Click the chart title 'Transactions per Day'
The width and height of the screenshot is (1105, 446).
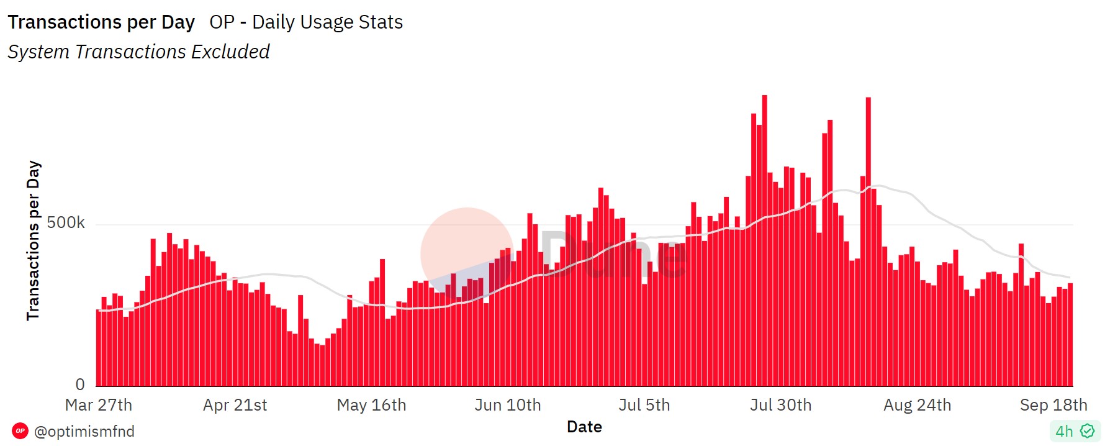101,22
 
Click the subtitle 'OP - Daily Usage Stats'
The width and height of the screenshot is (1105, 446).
306,22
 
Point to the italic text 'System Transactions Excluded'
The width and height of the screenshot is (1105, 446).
138,52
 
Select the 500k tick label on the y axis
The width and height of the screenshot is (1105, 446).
66,222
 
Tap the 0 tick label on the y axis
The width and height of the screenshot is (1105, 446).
80,385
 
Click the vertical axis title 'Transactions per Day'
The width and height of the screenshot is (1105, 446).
34,240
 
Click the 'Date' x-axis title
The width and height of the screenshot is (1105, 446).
584,427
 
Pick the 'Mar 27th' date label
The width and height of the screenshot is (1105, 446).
99,405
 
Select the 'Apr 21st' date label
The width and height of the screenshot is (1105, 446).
235,405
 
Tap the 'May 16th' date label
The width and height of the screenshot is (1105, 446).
371,405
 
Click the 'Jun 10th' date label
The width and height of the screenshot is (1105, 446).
508,405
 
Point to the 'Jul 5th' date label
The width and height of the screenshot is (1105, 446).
644,405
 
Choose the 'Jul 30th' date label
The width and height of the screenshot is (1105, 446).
780,405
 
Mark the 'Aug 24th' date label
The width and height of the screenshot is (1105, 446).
917,405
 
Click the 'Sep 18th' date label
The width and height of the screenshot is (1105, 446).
1053,405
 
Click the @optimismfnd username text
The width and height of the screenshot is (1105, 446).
84,431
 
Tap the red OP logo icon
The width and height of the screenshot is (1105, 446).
20,430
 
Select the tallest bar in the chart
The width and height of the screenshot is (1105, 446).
765,242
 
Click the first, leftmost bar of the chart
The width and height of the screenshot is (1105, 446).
99,348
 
